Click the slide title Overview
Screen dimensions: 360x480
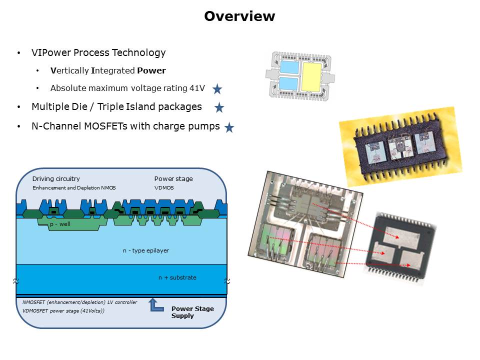[x=239, y=16]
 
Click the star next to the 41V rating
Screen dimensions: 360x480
[x=217, y=89]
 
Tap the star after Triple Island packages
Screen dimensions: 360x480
[x=219, y=107]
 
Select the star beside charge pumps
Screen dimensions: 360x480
[x=229, y=127]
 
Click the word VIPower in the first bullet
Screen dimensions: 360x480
[x=48, y=52]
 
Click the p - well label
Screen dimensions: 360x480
[x=60, y=224]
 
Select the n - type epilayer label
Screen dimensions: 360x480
[x=146, y=250]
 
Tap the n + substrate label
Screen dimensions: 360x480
[x=177, y=277]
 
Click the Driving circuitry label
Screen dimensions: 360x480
[x=56, y=178]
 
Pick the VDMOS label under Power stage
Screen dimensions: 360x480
[x=163, y=187]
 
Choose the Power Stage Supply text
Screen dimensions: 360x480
[x=192, y=312]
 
